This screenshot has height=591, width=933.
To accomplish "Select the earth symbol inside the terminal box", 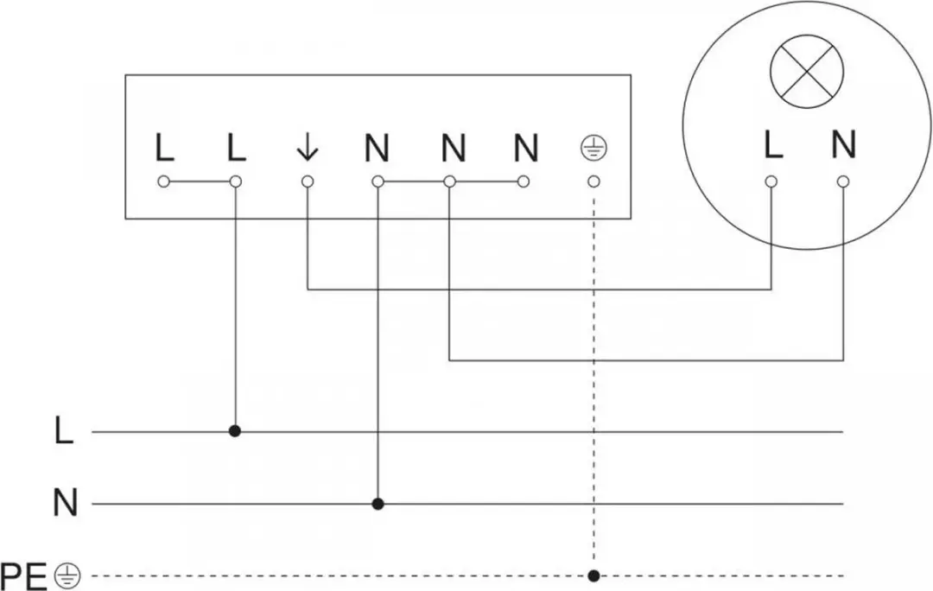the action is click(x=593, y=149).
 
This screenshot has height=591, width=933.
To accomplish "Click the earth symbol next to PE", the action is click(x=68, y=576).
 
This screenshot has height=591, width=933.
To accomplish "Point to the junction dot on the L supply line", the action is click(x=235, y=431).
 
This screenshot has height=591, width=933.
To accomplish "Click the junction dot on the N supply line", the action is click(x=378, y=504).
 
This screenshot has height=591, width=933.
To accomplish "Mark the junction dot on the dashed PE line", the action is click(x=593, y=575).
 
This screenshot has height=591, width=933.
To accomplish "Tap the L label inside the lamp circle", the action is click(x=772, y=144).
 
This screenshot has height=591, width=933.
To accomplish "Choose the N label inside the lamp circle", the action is click(x=844, y=144).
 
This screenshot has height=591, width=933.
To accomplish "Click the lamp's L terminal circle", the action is click(x=771, y=181).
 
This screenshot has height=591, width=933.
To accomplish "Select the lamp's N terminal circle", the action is click(x=842, y=181).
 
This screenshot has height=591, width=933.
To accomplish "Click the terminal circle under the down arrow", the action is click(x=307, y=181).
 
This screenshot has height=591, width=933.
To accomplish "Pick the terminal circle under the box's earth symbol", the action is click(x=593, y=181).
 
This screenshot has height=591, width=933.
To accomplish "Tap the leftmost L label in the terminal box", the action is click(x=165, y=149).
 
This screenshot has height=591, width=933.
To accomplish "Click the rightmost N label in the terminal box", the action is click(x=526, y=149).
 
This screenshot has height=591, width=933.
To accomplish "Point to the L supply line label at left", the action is click(x=64, y=431).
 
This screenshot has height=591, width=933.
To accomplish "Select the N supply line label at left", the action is click(x=66, y=503).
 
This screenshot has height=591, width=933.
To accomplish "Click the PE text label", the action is click(x=24, y=576).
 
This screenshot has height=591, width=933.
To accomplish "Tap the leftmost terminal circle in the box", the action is click(x=163, y=181).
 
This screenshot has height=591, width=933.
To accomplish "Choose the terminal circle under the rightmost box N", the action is click(x=523, y=181).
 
